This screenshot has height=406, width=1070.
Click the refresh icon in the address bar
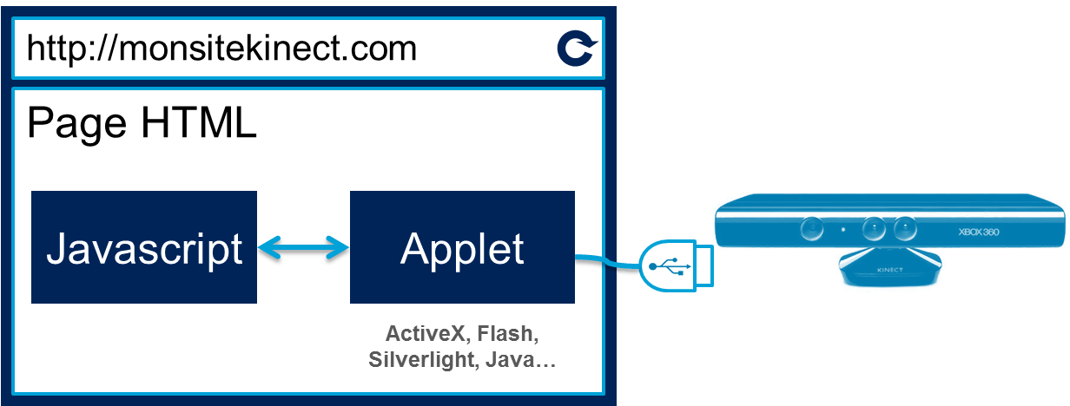(576, 49)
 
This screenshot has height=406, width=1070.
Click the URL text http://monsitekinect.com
(221, 48)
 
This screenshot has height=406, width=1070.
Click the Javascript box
(144, 248)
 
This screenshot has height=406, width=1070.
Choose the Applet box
(462, 248)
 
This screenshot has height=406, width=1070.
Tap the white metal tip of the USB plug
(703, 265)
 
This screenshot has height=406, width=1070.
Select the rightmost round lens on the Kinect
(904, 228)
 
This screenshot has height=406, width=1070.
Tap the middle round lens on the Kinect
(873, 228)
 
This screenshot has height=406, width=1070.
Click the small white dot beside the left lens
(842, 230)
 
